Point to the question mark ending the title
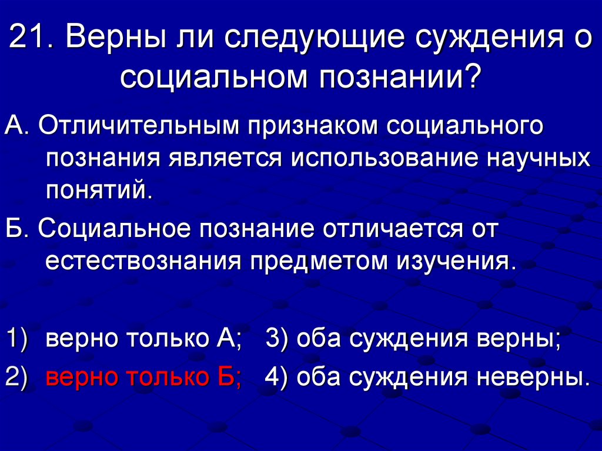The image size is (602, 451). point(472,76)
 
